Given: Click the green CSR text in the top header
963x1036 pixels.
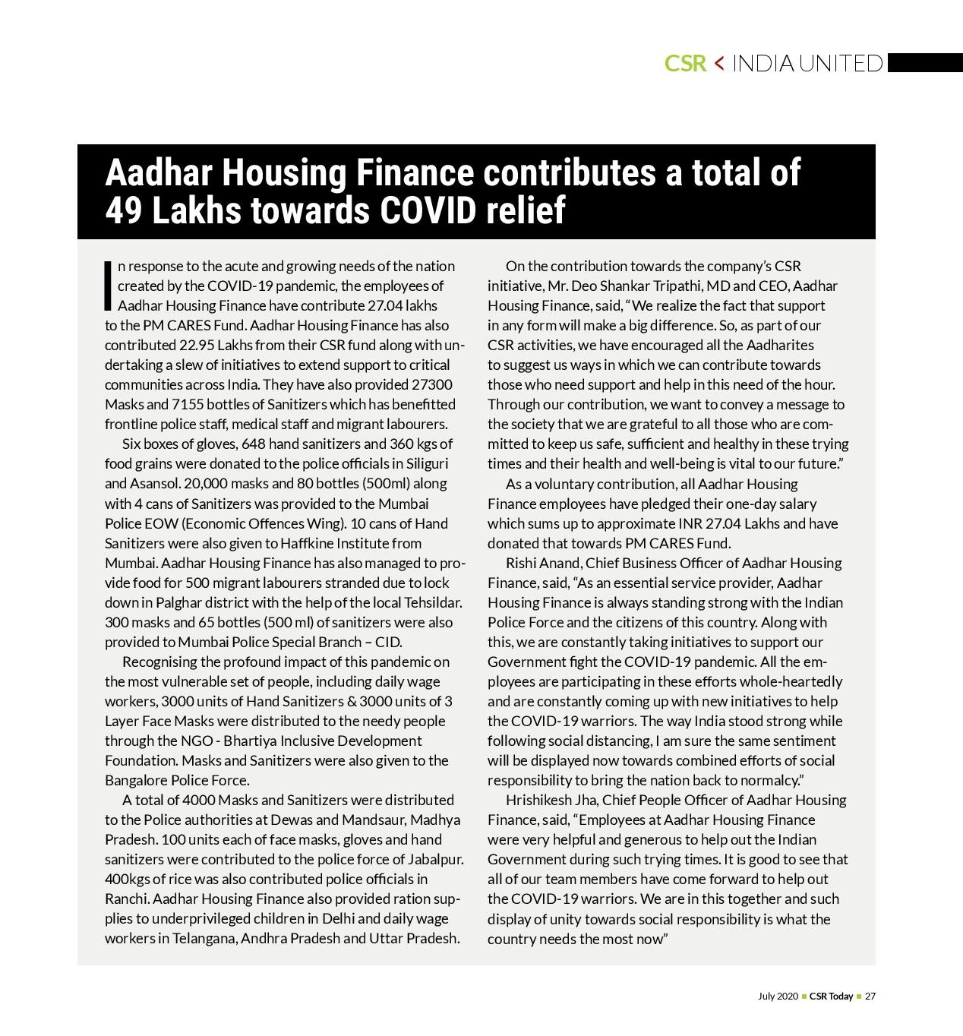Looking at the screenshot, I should click(685, 63).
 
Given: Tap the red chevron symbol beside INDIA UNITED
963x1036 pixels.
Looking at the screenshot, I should click(719, 63).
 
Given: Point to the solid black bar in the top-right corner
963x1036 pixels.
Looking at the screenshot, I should click(924, 63).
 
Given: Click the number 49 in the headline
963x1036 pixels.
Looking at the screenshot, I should click(124, 211).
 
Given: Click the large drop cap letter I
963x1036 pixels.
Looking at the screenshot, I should click(109, 286).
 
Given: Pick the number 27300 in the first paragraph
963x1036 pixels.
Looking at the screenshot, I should click(431, 384).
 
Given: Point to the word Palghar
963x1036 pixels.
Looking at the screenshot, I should click(180, 602).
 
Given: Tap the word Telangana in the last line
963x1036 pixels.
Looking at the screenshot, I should click(204, 938).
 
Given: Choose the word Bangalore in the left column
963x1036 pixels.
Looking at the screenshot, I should click(136, 780).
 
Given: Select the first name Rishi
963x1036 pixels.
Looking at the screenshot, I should click(521, 563).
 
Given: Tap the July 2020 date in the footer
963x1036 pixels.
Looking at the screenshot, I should click(778, 997).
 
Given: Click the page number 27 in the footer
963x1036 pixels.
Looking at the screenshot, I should click(870, 997).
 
